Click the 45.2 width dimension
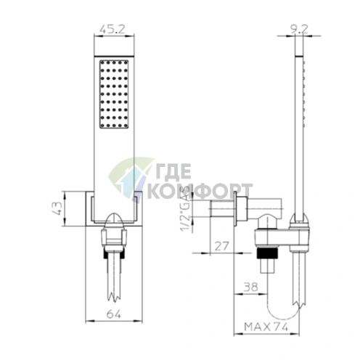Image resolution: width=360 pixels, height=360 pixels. [x=112, y=29]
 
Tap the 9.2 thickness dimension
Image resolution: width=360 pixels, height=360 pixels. [x=299, y=29]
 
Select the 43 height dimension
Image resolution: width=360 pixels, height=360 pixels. [x=57, y=208]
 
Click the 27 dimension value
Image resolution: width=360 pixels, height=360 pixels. [x=221, y=246]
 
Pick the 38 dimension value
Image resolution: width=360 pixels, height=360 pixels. [x=250, y=287]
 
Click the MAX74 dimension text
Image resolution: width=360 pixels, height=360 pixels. [x=266, y=327]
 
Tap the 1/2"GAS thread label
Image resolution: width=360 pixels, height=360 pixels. [x=186, y=211]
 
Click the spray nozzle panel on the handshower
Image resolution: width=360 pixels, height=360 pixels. [x=114, y=94]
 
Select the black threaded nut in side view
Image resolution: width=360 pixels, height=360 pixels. [x=266, y=253]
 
